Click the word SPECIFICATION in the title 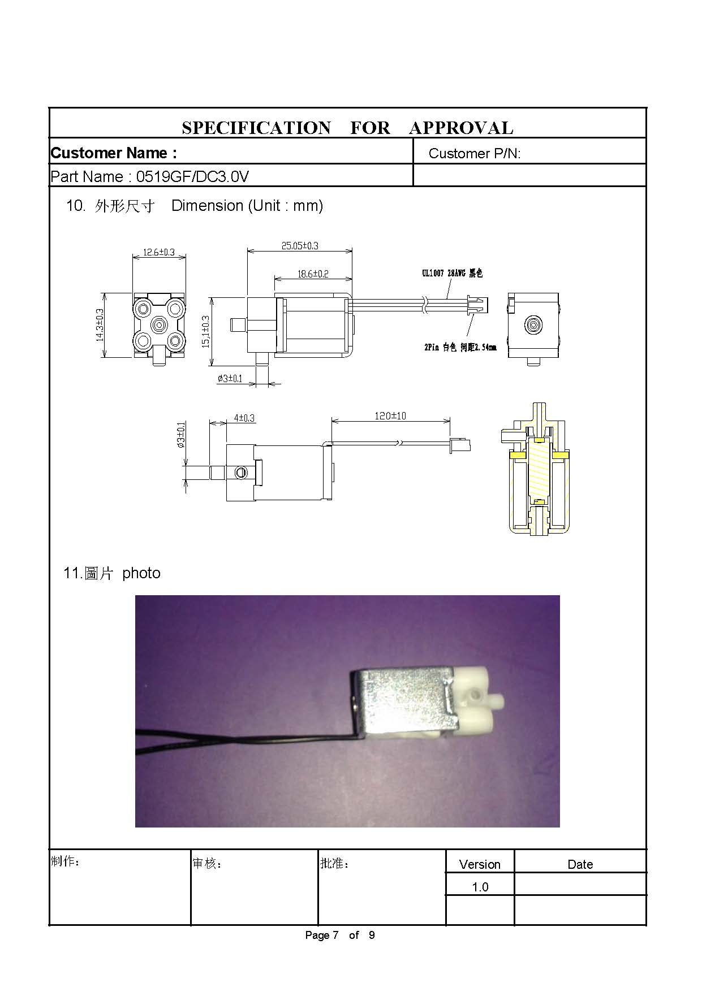coord(256,128)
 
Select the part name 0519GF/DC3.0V coord(192,177)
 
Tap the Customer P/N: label coord(475,153)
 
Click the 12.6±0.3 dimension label coord(159,252)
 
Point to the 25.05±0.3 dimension coord(300,246)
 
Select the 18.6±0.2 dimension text coord(313,274)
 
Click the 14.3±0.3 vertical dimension coord(100,324)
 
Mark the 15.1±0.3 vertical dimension coord(205,331)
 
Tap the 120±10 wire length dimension coord(390,416)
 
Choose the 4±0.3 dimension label coord(244,418)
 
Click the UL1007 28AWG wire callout coord(452,274)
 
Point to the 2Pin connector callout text coord(460,348)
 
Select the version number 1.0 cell coord(480,887)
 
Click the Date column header coord(580,864)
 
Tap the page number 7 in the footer coord(335,935)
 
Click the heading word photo coord(141,573)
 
